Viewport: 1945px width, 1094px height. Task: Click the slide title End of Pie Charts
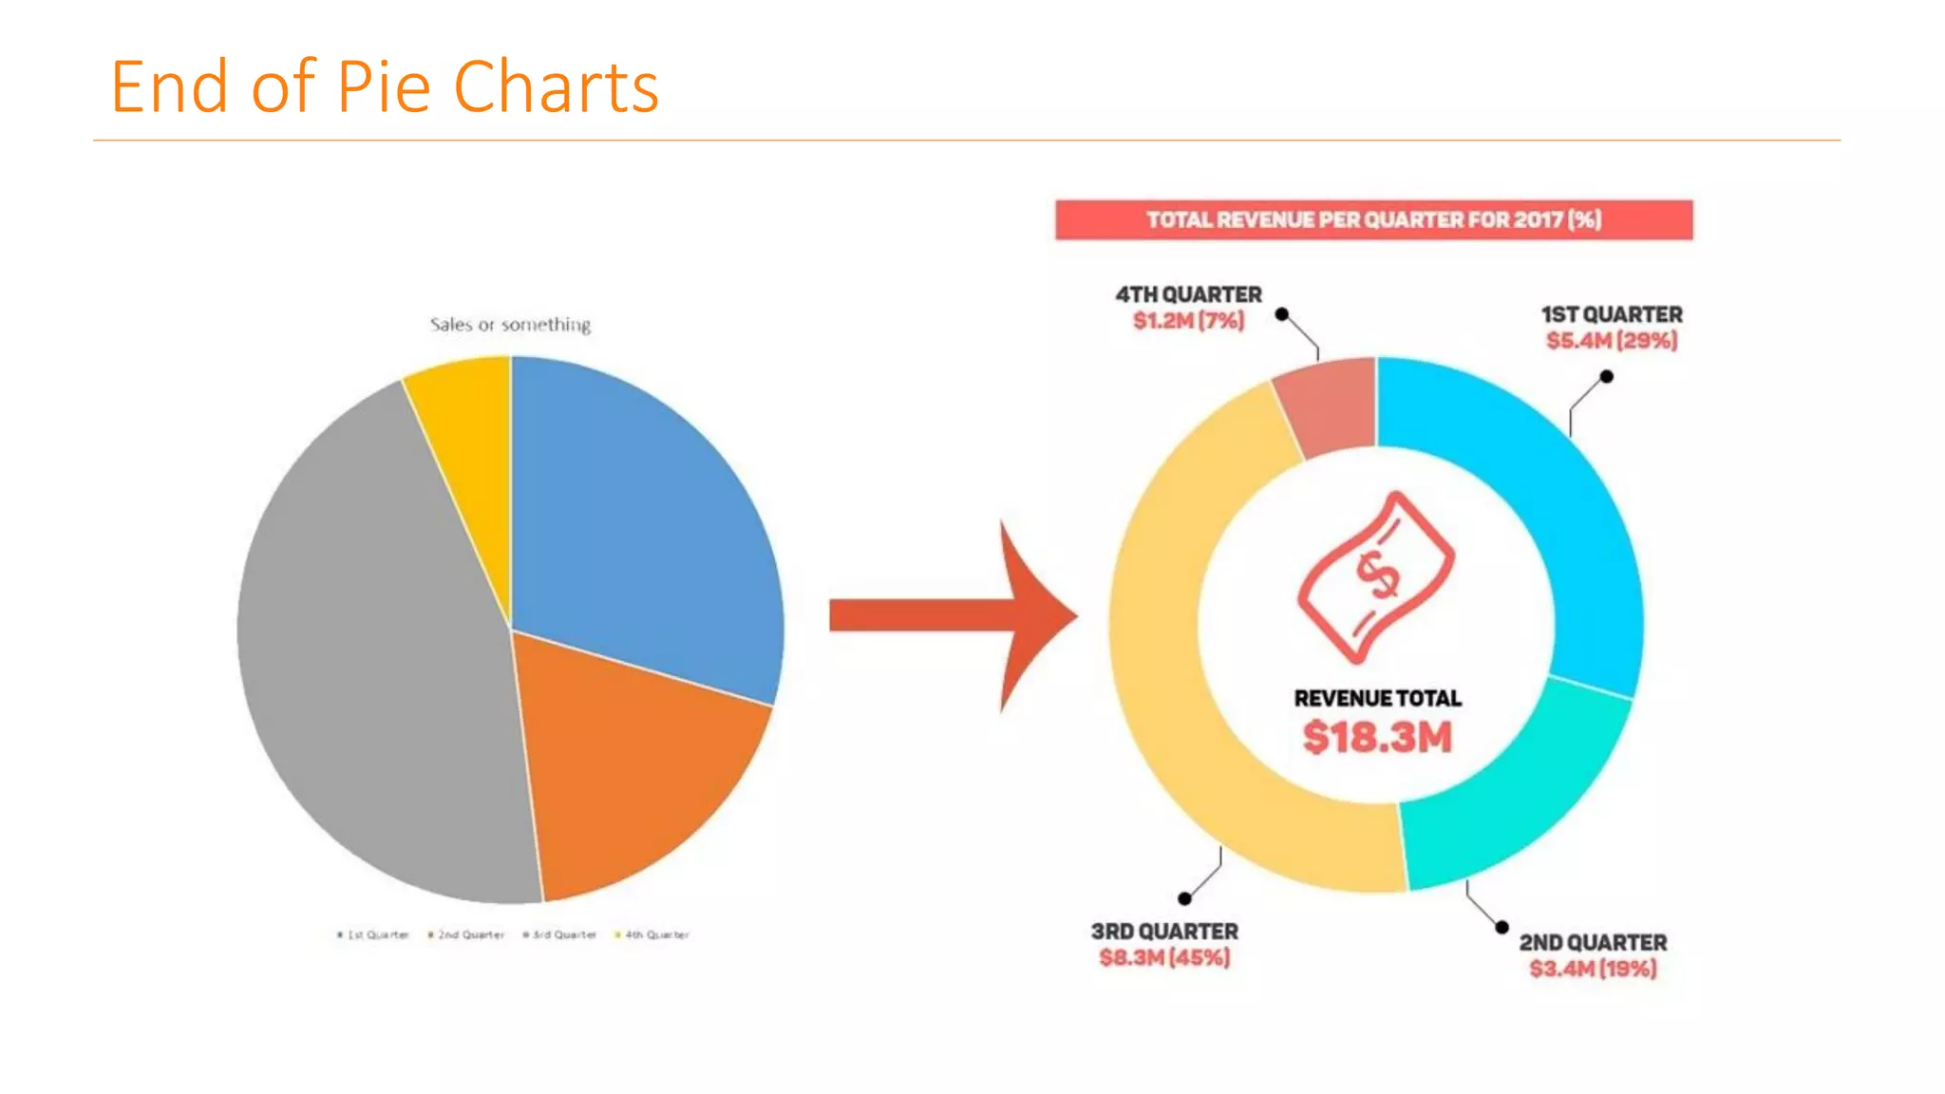(x=384, y=87)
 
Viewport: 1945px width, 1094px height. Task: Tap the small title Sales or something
(x=510, y=325)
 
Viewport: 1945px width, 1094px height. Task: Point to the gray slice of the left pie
(x=380, y=646)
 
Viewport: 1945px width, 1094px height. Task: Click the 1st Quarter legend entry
(x=373, y=935)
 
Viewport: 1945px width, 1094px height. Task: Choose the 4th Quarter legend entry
(x=652, y=935)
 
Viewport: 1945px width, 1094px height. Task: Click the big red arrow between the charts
(x=950, y=615)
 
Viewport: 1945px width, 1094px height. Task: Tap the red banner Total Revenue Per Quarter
(x=1373, y=220)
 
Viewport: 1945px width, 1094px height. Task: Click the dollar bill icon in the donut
(x=1375, y=576)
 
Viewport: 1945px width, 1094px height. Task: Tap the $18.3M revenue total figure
(x=1377, y=738)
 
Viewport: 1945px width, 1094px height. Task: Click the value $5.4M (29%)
(x=1612, y=341)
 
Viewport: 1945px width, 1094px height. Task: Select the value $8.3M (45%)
(x=1164, y=957)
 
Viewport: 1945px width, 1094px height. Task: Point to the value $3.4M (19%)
(x=1593, y=969)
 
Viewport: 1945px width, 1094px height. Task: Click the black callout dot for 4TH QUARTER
(x=1282, y=314)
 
